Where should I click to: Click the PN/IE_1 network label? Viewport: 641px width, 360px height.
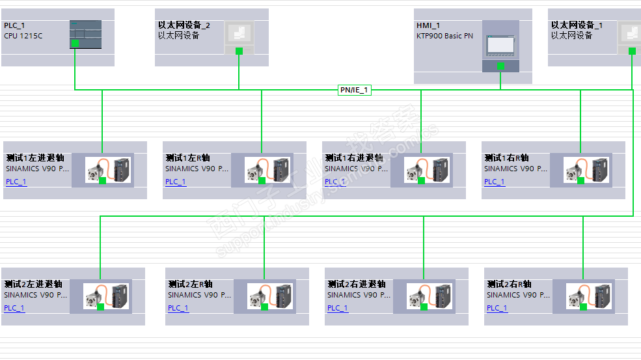pyautogui.click(x=354, y=90)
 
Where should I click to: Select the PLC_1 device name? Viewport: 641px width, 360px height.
pyautogui.click(x=14, y=25)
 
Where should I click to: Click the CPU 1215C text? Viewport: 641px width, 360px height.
pyautogui.click(x=23, y=36)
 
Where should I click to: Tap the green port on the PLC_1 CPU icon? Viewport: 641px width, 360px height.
pyautogui.click(x=75, y=44)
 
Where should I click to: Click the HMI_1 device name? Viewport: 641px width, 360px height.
pyautogui.click(x=428, y=25)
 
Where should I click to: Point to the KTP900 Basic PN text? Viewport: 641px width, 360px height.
pyautogui.click(x=444, y=36)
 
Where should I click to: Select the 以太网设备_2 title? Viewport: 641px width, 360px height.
pyautogui.click(x=184, y=25)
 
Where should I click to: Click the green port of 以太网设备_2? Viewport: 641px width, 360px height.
pyautogui.click(x=239, y=51)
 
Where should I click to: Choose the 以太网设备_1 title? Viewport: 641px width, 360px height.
pyautogui.click(x=577, y=25)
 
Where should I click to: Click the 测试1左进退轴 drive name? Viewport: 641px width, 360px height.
pyautogui.click(x=34, y=158)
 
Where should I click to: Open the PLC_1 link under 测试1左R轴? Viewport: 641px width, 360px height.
pyautogui.click(x=176, y=182)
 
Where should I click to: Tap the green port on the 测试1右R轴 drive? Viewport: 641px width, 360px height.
pyautogui.click(x=580, y=180)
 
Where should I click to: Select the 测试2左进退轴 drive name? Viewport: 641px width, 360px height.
pyautogui.click(x=33, y=284)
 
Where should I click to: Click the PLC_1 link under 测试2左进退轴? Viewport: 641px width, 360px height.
pyautogui.click(x=14, y=308)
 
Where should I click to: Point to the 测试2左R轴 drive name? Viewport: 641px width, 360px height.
pyautogui.click(x=190, y=284)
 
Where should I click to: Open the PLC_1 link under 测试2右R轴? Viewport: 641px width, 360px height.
pyautogui.click(x=497, y=308)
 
